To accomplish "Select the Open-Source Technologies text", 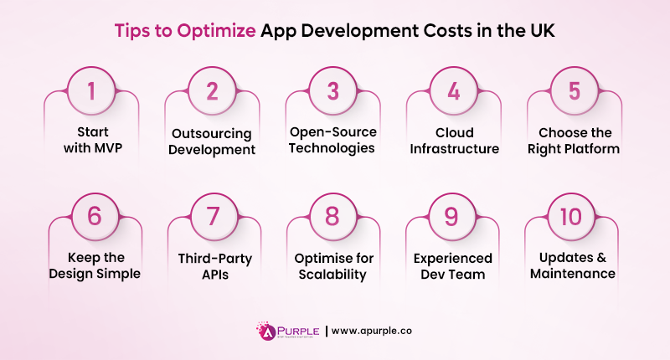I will coord(332,141).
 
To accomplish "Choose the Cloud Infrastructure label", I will coord(453,141).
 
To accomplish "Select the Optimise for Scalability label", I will coord(332,265).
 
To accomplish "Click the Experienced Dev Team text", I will coord(453,265).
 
